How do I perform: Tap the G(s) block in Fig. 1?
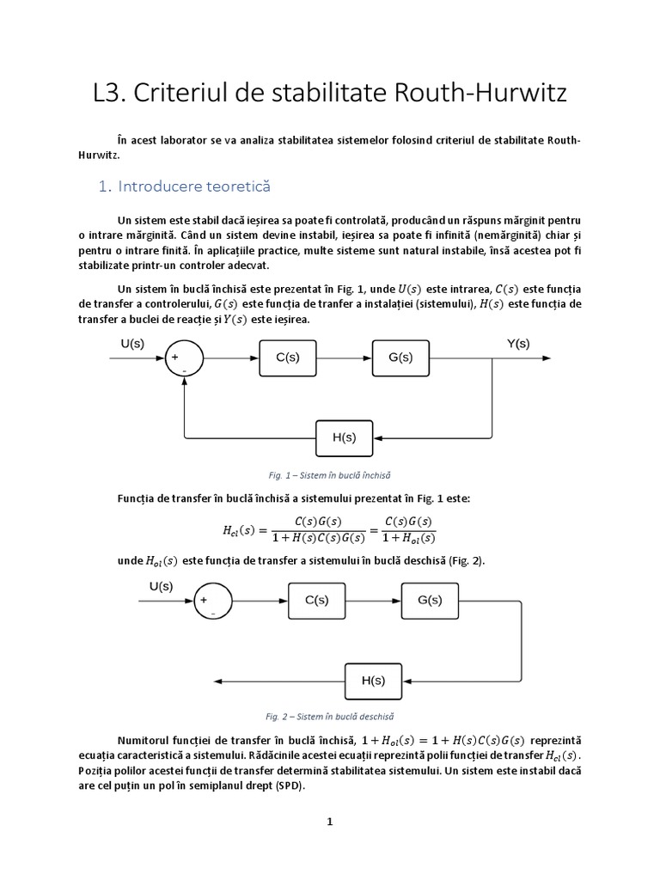click(x=400, y=358)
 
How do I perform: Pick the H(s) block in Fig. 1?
click(x=344, y=437)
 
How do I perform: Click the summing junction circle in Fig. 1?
click(x=184, y=359)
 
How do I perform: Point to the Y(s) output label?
click(x=517, y=344)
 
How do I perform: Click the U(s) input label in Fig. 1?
click(x=131, y=344)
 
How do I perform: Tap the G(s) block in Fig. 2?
click(x=429, y=602)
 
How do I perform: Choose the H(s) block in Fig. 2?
click(x=373, y=681)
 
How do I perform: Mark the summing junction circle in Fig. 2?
click(x=213, y=602)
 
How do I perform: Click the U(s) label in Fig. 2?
click(x=161, y=587)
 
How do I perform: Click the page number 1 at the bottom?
click(x=330, y=822)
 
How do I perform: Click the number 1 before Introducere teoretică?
click(x=103, y=186)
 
